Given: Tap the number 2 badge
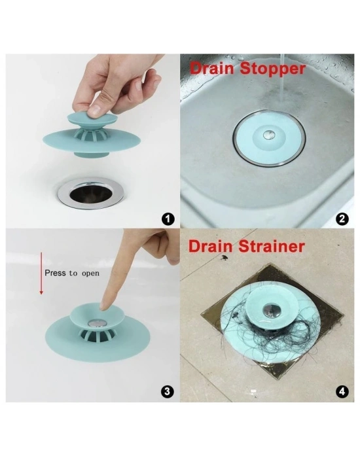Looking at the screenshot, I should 341,219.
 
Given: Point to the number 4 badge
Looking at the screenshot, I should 341,392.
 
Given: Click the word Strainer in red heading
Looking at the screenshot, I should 273,247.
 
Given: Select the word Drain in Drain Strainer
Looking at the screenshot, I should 212,247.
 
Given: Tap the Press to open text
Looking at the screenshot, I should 72,273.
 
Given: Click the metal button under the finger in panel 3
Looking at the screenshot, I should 98,323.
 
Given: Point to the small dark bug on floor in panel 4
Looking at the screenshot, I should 226,259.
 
